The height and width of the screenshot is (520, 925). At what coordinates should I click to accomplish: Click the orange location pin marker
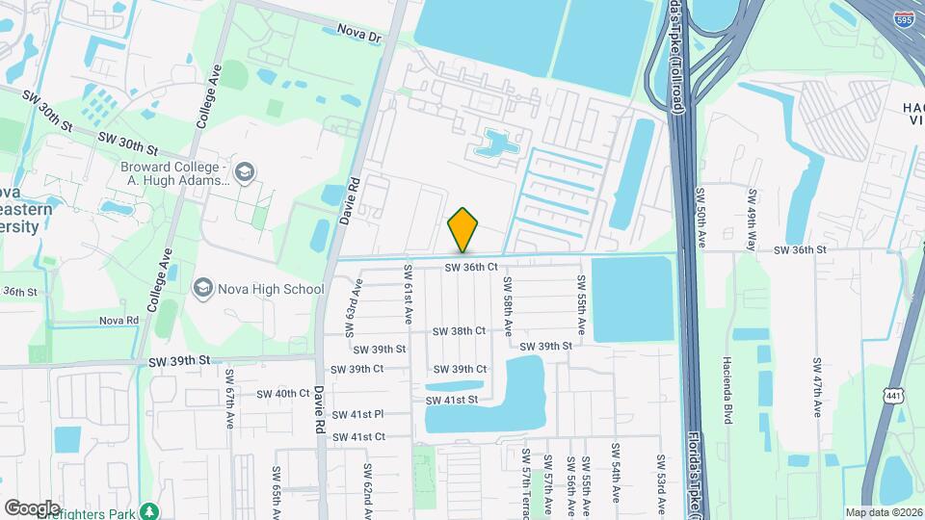click(463, 229)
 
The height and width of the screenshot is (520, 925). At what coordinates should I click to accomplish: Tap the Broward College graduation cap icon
click(245, 171)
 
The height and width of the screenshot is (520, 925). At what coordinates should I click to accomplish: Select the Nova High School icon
click(203, 288)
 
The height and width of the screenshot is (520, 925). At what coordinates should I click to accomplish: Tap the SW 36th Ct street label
click(471, 266)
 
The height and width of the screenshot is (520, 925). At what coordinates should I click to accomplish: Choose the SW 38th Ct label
click(459, 330)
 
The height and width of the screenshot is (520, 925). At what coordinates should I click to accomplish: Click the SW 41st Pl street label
click(354, 414)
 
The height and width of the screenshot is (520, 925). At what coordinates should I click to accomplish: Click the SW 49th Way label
click(752, 220)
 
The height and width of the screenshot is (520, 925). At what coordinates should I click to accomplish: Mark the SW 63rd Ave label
click(355, 307)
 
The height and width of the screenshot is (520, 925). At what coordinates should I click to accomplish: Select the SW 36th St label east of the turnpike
click(800, 249)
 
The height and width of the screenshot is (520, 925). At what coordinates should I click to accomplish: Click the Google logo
click(32, 507)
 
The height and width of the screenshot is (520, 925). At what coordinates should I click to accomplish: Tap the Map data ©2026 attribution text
click(883, 512)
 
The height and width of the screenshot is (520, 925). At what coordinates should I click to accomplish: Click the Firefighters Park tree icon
click(148, 510)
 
